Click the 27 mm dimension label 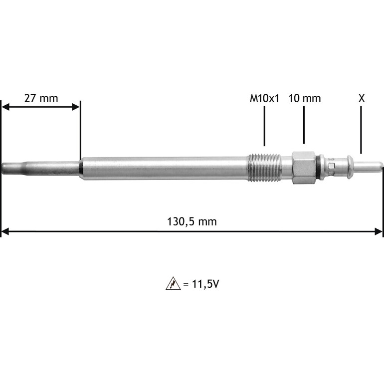coord(41,98)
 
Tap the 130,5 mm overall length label coord(192,221)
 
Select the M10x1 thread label coord(264,98)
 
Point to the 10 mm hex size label coord(304,98)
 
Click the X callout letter coord(362,98)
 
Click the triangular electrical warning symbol coord(173,284)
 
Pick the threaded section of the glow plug coord(264,168)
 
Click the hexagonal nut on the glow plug coord(304,168)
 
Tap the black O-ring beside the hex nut coord(318,168)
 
